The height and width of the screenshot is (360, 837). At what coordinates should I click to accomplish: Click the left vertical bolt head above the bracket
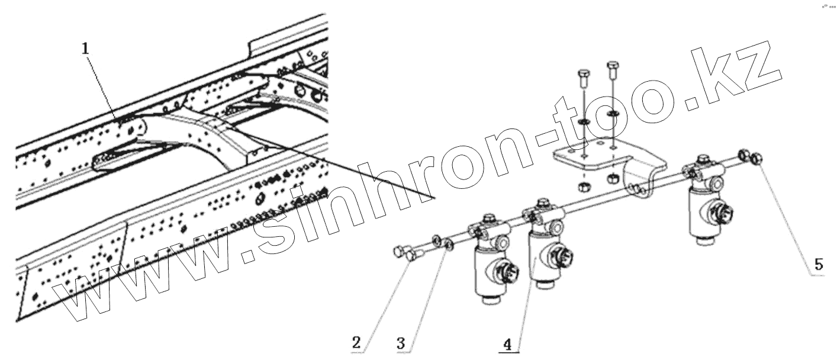582,75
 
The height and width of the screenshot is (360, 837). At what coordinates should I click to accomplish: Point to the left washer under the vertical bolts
582,121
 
